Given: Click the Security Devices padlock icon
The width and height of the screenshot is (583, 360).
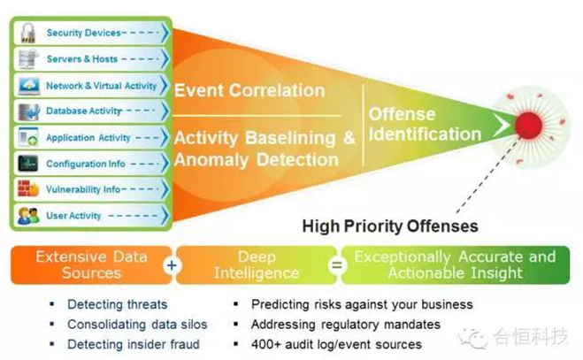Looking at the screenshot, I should (27, 33).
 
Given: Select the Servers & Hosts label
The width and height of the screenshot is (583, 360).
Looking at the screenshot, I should (81, 58).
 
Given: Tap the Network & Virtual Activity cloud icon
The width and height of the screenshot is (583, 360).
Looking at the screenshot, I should (27, 86).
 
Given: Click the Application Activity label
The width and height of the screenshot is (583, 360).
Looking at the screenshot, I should (88, 138).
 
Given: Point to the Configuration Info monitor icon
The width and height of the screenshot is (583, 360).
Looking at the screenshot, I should (27, 164).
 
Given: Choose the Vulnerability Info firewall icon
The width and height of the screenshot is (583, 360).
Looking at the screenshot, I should (27, 189).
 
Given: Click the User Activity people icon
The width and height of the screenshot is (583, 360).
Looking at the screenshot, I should (27, 216).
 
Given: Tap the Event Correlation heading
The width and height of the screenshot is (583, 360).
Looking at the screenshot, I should (249, 90).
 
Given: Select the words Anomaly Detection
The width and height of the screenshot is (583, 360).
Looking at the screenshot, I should (257, 160).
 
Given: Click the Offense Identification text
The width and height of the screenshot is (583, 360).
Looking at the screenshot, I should (424, 125).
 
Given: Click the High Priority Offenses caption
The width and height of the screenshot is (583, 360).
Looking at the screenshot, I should (390, 226).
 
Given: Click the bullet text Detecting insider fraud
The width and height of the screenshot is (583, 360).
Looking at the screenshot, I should (133, 344).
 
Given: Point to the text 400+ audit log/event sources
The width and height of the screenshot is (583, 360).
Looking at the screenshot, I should (336, 344).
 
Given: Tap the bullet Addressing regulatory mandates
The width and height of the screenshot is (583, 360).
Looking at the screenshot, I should (345, 325).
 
